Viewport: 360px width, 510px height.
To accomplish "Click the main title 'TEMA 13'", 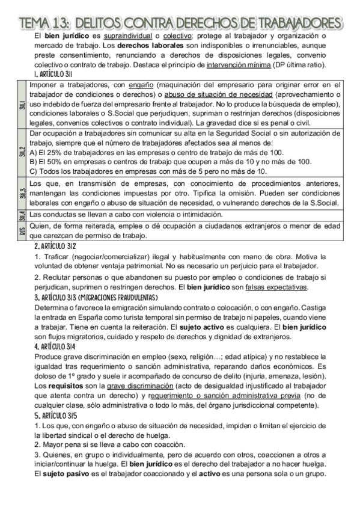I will point(180,23).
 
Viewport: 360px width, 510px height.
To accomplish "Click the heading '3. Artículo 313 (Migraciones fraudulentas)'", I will point(96,297).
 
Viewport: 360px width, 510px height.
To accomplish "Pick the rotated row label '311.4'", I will point(22,215).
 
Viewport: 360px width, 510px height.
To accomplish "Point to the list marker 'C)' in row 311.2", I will point(34,171).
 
